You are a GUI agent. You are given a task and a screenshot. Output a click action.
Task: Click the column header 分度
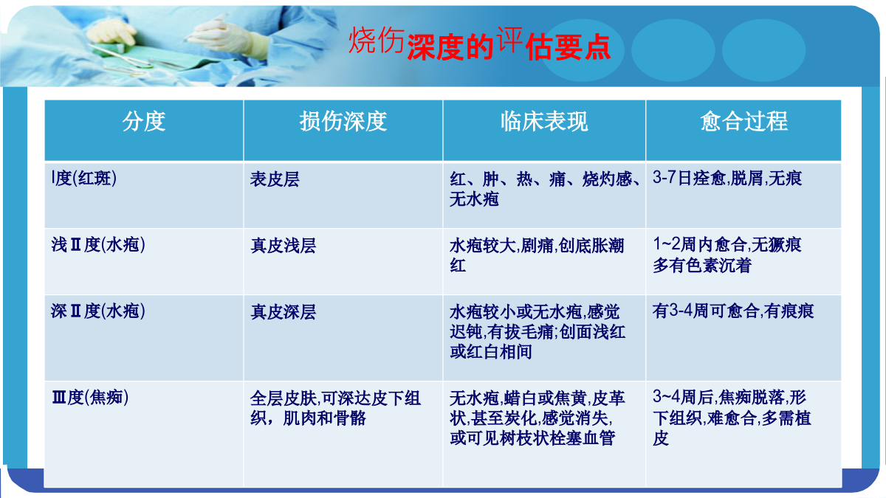[x=143, y=121]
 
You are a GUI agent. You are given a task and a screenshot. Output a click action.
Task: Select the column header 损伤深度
[x=343, y=121]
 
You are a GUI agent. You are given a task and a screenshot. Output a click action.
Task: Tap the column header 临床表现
[x=544, y=121]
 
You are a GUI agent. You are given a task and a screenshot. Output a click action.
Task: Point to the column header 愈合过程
[x=744, y=121]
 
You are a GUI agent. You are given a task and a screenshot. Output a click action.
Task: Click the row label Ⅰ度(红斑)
[x=84, y=179]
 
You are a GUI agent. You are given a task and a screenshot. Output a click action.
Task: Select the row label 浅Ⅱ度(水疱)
[x=98, y=245]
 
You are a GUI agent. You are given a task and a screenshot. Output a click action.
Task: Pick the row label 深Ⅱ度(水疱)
[x=98, y=311]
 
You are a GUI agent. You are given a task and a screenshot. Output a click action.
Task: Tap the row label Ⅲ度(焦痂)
[x=90, y=397]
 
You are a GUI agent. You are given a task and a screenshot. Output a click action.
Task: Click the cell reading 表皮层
[x=275, y=179]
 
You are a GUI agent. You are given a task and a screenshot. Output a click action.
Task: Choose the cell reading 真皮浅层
[x=284, y=246]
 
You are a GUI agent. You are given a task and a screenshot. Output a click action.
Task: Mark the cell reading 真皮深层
[x=284, y=312]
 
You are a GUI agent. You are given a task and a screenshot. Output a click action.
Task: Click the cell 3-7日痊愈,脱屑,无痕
[x=727, y=179]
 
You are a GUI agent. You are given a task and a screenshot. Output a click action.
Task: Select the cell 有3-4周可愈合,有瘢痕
[x=733, y=311]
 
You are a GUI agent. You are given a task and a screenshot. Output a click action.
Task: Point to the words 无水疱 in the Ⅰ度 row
[x=474, y=198]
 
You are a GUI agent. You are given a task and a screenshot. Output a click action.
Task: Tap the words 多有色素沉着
[x=701, y=265]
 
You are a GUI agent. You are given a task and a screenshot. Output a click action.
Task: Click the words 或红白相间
[x=490, y=351]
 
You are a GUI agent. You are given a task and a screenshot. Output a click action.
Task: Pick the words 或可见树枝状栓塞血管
[x=532, y=438]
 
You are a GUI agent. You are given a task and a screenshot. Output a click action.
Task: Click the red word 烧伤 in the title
[x=376, y=41]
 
